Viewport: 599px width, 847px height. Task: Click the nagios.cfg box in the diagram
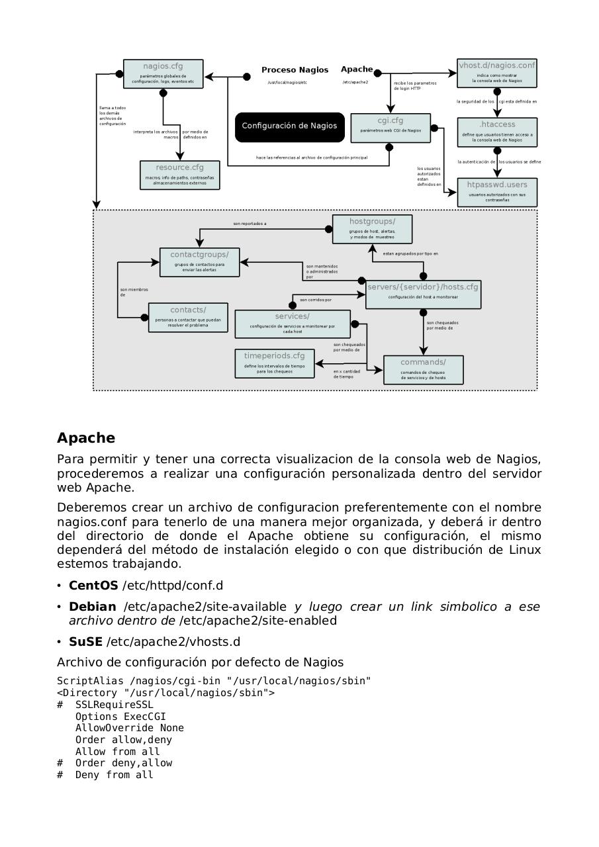pos(163,74)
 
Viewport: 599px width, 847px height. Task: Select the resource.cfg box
pos(179,175)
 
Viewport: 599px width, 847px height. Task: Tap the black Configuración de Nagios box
pos(289,126)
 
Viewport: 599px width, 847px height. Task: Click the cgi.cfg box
pos(390,128)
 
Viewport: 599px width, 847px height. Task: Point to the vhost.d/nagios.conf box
pos(497,73)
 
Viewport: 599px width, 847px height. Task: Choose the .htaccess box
pos(497,132)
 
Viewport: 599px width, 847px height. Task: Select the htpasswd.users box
pos(497,193)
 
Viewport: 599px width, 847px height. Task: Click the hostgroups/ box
pos(372,229)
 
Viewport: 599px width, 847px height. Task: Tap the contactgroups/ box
pos(199,262)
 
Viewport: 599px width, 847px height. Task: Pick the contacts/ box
pos(188,318)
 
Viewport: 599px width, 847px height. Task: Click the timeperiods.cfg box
pos(274,364)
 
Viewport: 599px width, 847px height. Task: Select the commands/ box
pos(423,370)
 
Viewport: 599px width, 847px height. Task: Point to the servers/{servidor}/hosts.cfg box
pos(423,294)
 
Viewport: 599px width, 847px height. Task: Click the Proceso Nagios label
pos(295,70)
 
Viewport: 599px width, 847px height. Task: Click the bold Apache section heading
pos(86,438)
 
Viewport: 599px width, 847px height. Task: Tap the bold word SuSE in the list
pos(85,642)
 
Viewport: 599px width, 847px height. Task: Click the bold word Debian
pos(93,607)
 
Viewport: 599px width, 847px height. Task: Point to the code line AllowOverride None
pos(129,728)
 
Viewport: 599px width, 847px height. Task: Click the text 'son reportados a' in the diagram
pos(250,224)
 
